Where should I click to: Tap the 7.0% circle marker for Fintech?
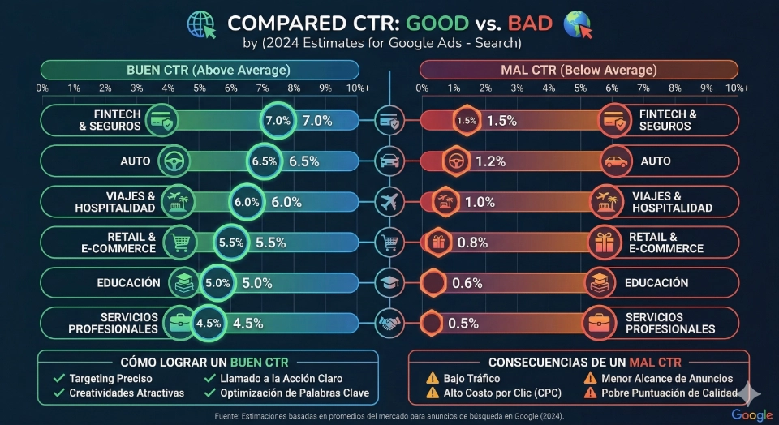pos(278,121)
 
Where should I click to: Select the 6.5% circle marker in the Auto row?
pos(265,161)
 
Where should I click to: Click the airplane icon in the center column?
pos(389,200)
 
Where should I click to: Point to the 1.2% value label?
pos(491,161)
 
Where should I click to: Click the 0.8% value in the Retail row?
pos(471,242)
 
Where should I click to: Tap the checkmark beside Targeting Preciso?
pos(58,378)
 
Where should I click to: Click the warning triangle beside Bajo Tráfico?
pos(433,378)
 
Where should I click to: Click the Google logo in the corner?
pos(752,414)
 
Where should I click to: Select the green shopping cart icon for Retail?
pos(179,241)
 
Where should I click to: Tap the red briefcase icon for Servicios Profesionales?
pos(602,322)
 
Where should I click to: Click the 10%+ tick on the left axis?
pos(357,88)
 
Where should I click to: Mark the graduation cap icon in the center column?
pos(389,281)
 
